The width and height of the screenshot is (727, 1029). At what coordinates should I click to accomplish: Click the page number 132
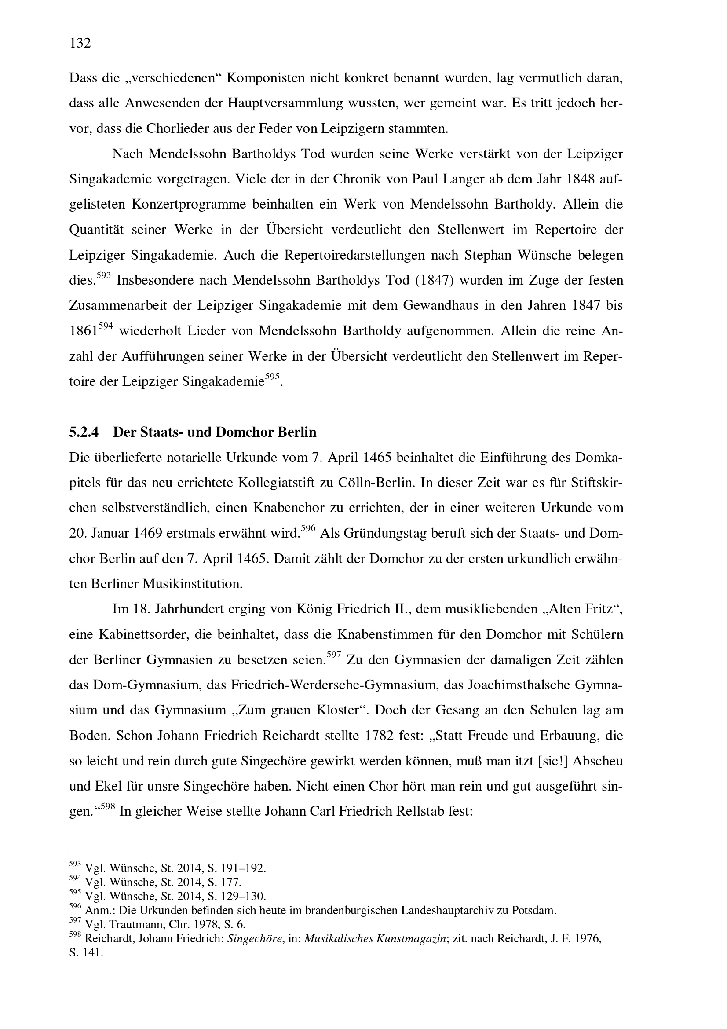coord(80,43)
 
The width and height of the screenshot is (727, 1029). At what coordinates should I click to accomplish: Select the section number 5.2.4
coord(84,432)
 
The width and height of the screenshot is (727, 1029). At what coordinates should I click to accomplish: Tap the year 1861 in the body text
coord(83,332)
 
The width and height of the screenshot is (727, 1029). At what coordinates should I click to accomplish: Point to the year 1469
coord(148,534)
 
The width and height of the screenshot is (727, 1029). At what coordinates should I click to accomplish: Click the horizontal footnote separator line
coord(157,854)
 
